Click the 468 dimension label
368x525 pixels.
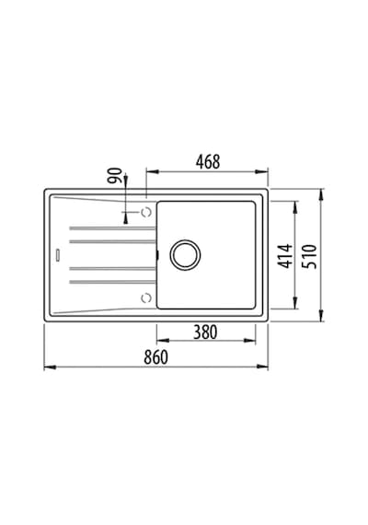pos(208,162)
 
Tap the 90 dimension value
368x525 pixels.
pos(115,175)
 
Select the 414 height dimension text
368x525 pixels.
pos(285,256)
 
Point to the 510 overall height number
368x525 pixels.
pos(309,256)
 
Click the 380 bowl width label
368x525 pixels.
pos(205,332)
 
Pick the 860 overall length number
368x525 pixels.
pos(155,357)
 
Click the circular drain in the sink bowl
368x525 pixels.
pos(185,255)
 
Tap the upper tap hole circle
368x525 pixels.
pos(146,212)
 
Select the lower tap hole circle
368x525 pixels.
pos(146,297)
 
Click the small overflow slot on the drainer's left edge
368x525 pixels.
pos(58,255)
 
